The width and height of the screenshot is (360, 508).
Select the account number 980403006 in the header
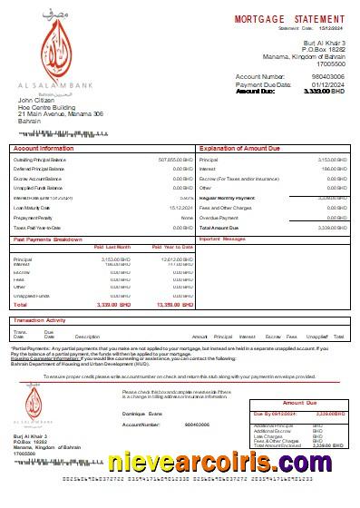click(x=328, y=77)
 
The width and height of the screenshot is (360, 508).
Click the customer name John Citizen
click(x=37, y=100)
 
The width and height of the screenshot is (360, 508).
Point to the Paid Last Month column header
click(x=112, y=247)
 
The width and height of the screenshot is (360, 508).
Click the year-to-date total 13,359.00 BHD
click(x=175, y=305)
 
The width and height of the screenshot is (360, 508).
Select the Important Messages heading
click(x=222, y=239)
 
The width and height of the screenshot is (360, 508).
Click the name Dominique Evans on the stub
click(x=141, y=414)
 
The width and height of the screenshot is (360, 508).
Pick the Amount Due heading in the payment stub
click(x=298, y=402)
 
